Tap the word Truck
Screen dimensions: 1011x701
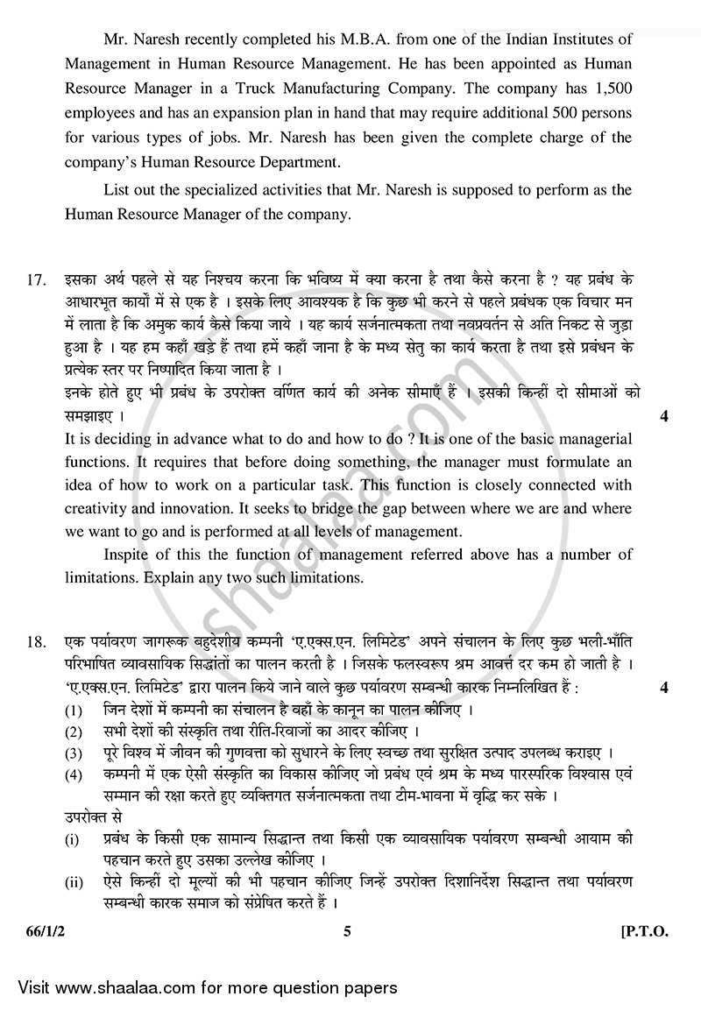[x=291, y=89]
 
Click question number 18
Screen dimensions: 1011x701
[x=36, y=642]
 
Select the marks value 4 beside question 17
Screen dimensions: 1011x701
[x=663, y=416]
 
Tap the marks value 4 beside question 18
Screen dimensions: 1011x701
[x=663, y=688]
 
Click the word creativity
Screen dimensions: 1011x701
[x=98, y=507]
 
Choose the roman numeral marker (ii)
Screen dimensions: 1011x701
[x=75, y=882]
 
